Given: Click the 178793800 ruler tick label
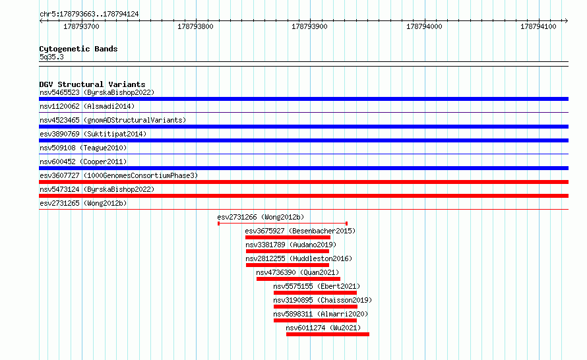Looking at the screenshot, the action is (x=195, y=26).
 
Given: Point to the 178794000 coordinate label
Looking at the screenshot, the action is (x=424, y=26).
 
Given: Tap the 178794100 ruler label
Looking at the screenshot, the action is (x=538, y=26).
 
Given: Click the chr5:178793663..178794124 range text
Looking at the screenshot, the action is (x=89, y=15).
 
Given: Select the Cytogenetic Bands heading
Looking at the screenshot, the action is (x=78, y=49).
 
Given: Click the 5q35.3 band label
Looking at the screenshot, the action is (x=51, y=57).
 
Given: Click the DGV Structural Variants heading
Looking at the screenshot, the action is (x=92, y=84).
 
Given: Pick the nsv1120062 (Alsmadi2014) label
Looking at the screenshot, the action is (x=87, y=106).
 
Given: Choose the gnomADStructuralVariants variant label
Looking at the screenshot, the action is (x=113, y=120).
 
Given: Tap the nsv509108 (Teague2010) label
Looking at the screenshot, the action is (x=83, y=148).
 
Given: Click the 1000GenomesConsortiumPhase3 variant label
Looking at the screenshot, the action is (x=119, y=175).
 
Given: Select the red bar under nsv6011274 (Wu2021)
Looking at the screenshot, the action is (x=328, y=334).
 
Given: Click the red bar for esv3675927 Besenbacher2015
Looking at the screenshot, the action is (x=288, y=237).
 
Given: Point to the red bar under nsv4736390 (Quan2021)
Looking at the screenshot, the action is (x=298, y=279).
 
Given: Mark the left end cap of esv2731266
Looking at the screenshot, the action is (x=218, y=224).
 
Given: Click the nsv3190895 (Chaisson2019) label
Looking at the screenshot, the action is (x=323, y=300).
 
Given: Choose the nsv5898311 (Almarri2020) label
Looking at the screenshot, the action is (x=321, y=314).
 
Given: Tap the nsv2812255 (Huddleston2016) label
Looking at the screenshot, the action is (x=299, y=258).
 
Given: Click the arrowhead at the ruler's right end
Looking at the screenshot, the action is (x=567, y=20).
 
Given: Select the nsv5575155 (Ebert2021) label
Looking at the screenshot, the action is (x=317, y=286).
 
